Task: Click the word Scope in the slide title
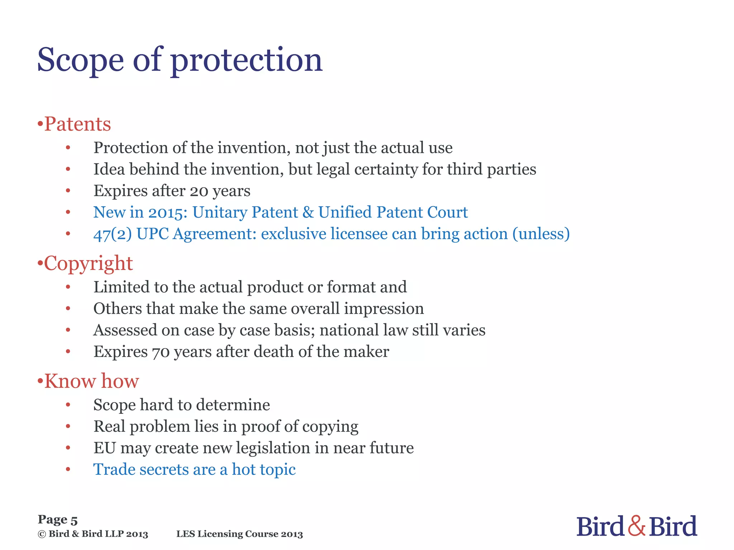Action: pos(80,60)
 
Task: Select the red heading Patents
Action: pos(77,124)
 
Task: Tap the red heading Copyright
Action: pos(88,264)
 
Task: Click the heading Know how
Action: pos(91,381)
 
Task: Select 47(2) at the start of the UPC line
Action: pos(113,234)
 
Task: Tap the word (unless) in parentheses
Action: pos(541,234)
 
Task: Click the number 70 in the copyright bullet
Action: pos(160,352)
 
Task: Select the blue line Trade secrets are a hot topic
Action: pos(194,470)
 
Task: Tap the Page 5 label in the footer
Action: pos(58,520)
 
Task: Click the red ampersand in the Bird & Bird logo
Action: pos(637,526)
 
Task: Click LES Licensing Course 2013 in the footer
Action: pos(239,534)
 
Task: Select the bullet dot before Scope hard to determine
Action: pos(68,405)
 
